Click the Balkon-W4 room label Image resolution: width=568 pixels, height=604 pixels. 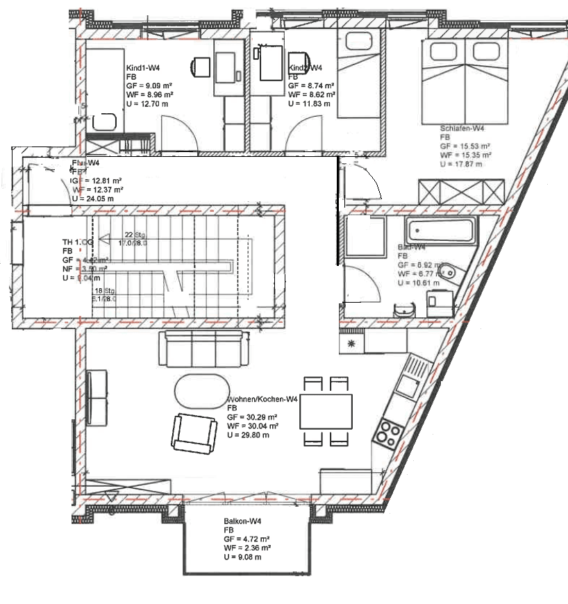pyautogui.click(x=242, y=520)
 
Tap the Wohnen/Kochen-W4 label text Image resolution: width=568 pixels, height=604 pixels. pyautogui.click(x=262, y=399)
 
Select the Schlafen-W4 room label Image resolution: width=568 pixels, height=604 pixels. pyautogui.click(x=462, y=128)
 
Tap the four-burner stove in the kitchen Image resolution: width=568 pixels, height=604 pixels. pyautogui.click(x=387, y=433)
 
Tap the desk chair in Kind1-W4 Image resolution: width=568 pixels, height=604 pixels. pyautogui.click(x=201, y=67)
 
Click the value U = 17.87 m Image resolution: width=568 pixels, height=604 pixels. pyautogui.click(x=461, y=164)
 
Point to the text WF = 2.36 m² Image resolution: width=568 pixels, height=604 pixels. pyautogui.click(x=247, y=547)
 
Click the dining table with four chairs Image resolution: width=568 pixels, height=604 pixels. pyautogui.click(x=325, y=412)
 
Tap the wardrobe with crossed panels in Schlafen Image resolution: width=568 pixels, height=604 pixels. pyautogui.click(x=461, y=192)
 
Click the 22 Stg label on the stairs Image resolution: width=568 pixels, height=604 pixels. pyautogui.click(x=133, y=235)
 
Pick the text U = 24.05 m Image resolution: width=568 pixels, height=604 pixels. pyautogui.click(x=94, y=198)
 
